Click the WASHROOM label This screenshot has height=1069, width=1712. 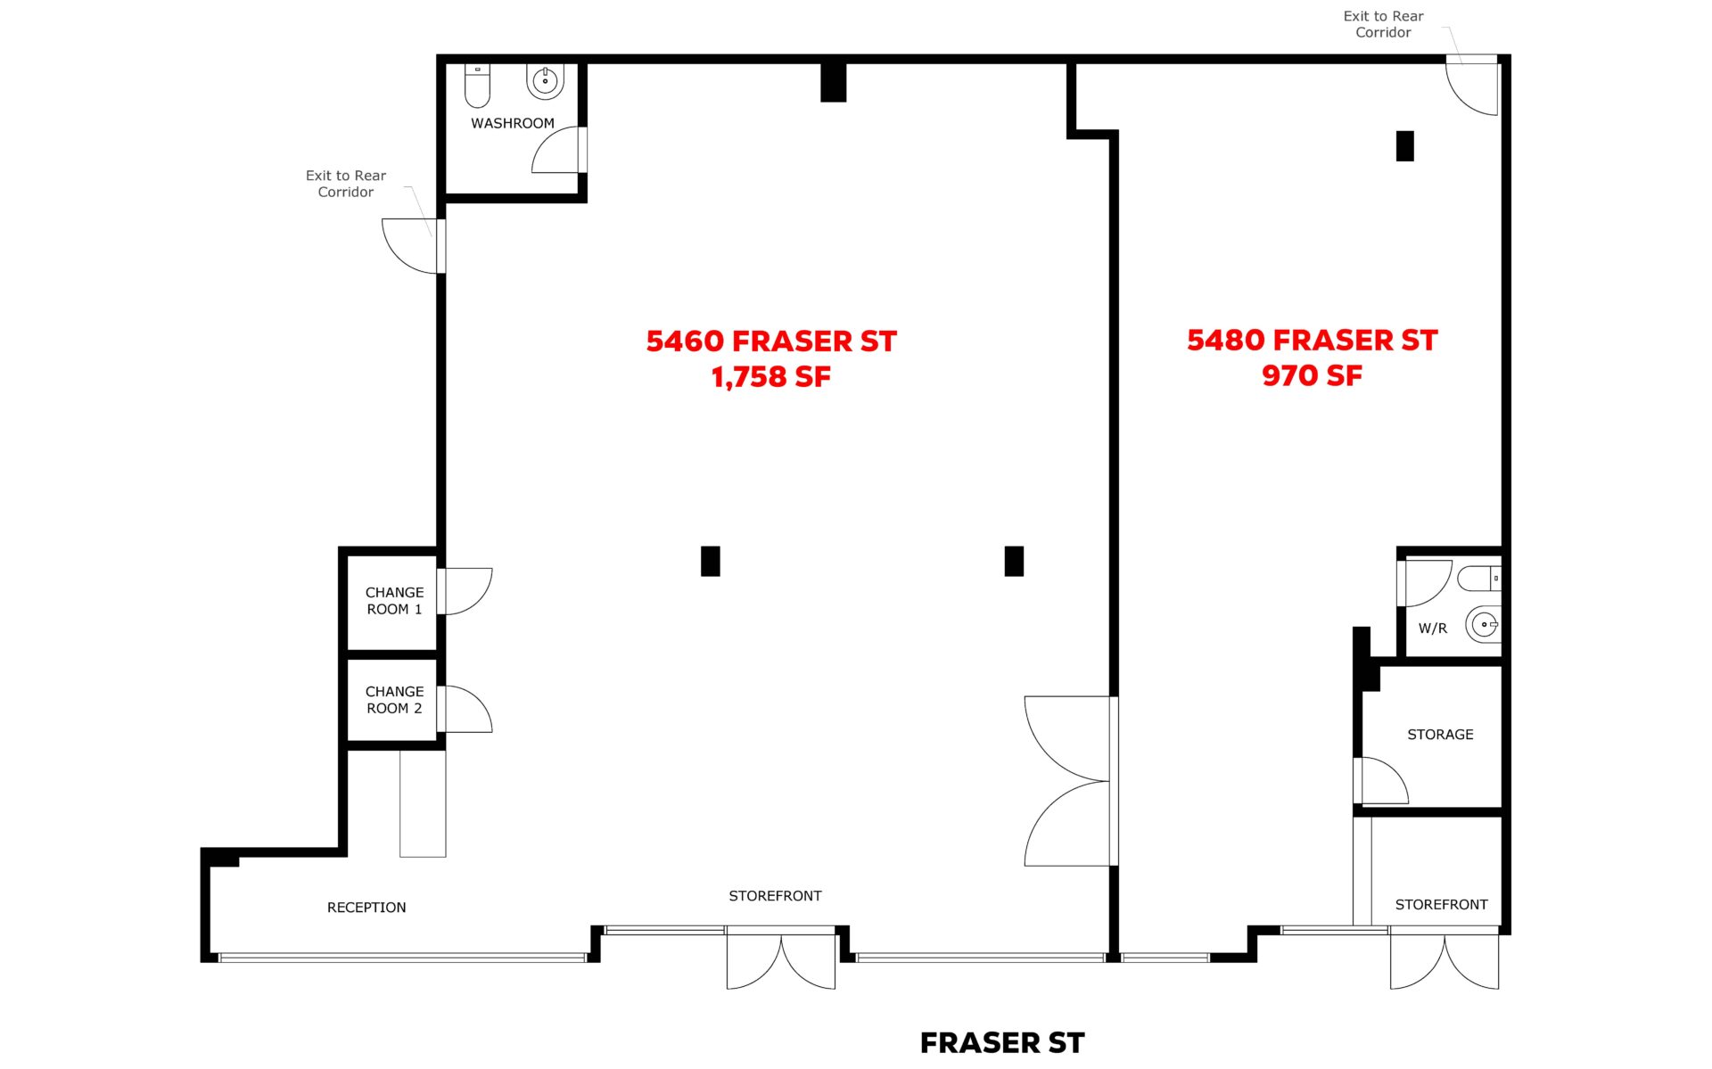(512, 123)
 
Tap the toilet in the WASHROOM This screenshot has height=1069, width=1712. (477, 85)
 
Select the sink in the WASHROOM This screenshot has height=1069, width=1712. (545, 81)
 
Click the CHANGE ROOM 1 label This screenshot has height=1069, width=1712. (394, 600)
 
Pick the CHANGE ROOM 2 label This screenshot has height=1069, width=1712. (394, 699)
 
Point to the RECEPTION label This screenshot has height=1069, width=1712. (366, 907)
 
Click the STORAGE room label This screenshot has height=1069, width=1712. (1440, 734)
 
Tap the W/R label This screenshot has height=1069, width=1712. (1432, 628)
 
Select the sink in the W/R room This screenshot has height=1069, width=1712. (1483, 624)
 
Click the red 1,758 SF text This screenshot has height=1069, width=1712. (770, 377)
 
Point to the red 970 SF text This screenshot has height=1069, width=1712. (1312, 375)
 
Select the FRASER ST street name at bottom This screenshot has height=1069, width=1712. (1002, 1042)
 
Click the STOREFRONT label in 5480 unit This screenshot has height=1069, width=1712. (1441, 904)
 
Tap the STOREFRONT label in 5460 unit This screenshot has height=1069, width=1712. (775, 895)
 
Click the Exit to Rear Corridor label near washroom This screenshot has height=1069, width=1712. (346, 184)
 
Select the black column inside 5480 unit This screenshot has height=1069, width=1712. (1405, 146)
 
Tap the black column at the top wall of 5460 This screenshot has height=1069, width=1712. (834, 82)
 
